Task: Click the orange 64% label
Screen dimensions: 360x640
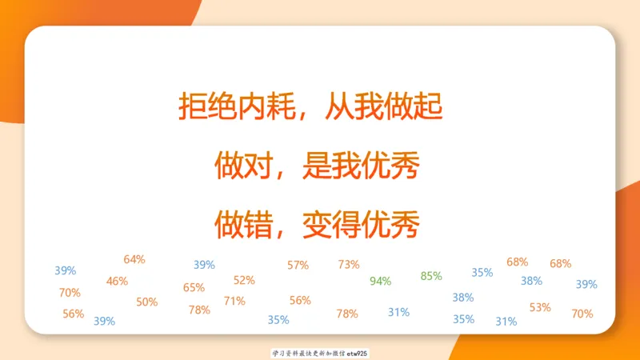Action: tap(134, 259)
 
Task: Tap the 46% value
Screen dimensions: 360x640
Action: tap(117, 281)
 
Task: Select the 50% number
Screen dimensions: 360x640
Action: tap(146, 302)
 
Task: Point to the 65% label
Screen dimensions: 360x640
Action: tap(194, 287)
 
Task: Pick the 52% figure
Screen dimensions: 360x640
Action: tap(244, 280)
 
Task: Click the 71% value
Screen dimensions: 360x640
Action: tap(234, 301)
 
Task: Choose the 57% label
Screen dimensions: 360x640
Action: tap(298, 265)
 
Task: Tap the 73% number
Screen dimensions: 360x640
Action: tap(349, 264)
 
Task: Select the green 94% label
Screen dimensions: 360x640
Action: tap(381, 281)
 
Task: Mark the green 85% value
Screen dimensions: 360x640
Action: tap(431, 276)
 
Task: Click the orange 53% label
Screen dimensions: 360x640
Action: tap(540, 306)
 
